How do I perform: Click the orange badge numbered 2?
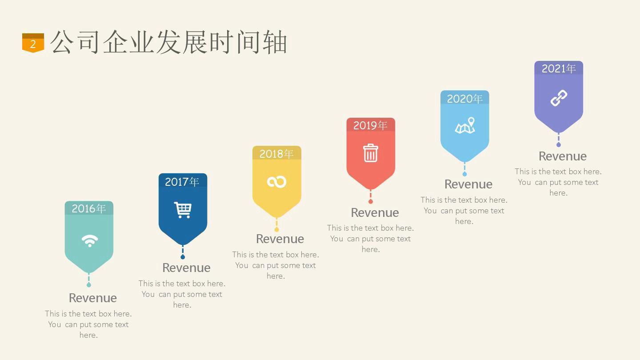33,43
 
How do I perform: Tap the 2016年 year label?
88,208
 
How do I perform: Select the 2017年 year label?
182,182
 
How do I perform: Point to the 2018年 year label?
276,154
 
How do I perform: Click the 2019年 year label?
370,125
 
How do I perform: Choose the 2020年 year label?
464,99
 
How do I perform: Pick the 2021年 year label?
559,68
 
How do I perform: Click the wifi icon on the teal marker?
90,241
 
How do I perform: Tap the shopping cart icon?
183,210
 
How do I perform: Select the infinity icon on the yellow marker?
276,182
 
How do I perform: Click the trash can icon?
371,153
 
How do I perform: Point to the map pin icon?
465,125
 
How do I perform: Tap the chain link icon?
559,98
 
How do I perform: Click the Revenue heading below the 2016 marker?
93,298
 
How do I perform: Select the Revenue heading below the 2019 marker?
375,212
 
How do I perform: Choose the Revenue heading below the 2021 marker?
563,156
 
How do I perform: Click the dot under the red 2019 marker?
371,201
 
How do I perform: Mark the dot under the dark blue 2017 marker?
183,257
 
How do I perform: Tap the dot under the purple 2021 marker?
559,145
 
